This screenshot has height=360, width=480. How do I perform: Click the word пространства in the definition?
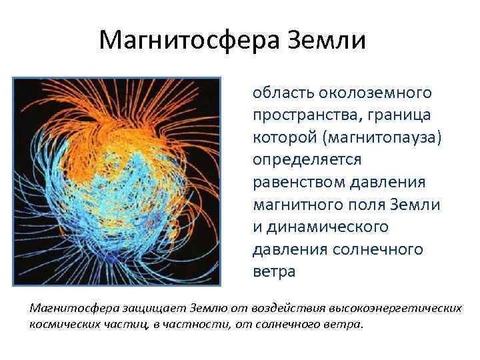coord(305,115)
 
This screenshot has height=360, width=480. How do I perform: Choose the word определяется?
coord(307,160)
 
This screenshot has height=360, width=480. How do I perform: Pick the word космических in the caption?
coord(62,325)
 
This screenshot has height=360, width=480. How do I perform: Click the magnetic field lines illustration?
coord(116,184)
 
